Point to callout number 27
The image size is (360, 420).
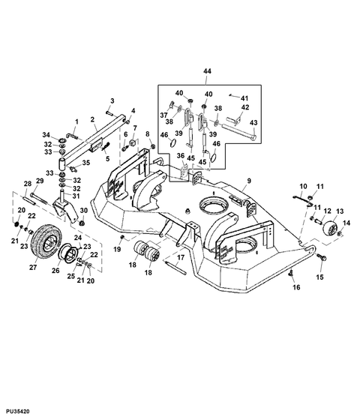tap(33, 265)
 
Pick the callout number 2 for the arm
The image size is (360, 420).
tap(92, 119)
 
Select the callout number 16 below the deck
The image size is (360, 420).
tap(295, 286)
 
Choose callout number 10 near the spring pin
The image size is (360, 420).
tap(304, 186)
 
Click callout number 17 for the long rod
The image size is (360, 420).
tap(181, 257)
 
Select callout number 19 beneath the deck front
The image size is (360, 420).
tap(118, 248)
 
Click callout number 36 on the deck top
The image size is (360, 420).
tap(180, 156)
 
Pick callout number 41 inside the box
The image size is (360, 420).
tap(244, 97)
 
